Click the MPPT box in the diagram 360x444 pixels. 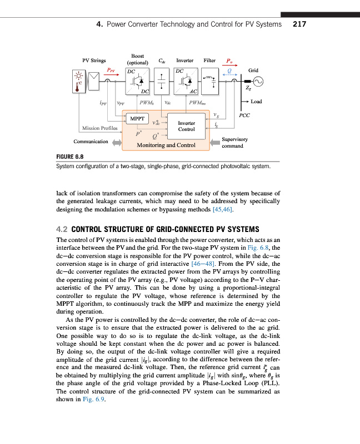(137, 119)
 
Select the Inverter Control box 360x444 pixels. (186, 126)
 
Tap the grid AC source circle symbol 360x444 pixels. (258, 81)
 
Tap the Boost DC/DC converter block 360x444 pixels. (138, 81)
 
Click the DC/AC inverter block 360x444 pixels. (186, 81)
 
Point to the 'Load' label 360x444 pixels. (256, 102)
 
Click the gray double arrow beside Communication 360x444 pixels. (116, 143)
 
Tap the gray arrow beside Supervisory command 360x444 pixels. (214, 143)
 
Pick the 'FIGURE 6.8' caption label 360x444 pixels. (69, 157)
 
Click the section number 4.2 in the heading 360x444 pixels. (62, 228)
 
